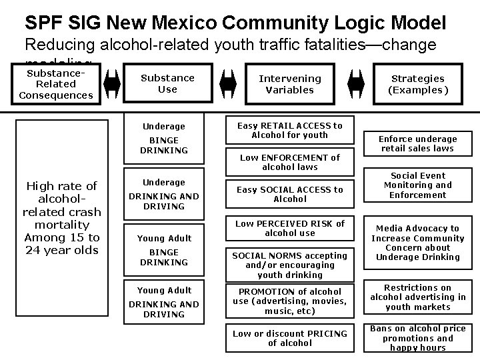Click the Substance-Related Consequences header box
(56, 84)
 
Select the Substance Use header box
(167, 84)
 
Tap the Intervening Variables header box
(289, 84)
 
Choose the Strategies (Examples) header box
(418, 84)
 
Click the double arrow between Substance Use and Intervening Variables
(228, 84)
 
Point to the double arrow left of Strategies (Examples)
(356, 84)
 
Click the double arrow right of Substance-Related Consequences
(111, 84)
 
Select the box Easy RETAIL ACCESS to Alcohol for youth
(289, 131)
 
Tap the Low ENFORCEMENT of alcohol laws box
(289, 162)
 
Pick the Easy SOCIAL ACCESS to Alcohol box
(289, 194)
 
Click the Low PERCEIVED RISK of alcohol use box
(289, 228)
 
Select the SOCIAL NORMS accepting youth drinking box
(289, 265)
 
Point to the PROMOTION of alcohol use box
(289, 301)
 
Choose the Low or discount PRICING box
(289, 338)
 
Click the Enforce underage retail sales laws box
(418, 143)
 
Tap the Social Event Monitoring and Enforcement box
(418, 185)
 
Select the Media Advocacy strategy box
(418, 243)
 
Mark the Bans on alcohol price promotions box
(418, 338)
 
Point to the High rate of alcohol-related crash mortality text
(61, 218)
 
